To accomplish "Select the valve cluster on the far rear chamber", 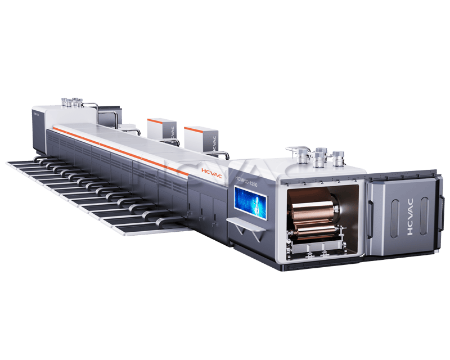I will [71, 103].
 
